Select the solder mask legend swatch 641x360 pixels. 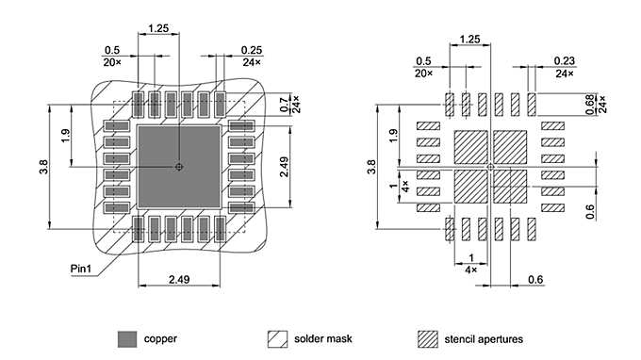click(278, 338)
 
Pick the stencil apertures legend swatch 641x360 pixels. click(428, 338)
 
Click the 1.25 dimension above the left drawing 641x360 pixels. click(158, 29)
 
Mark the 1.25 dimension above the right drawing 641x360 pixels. click(468, 39)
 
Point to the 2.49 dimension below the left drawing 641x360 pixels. click(179, 279)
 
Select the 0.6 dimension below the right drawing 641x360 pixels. click(535, 279)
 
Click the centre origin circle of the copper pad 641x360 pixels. click(179, 167)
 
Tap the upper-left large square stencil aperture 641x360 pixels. click(471, 148)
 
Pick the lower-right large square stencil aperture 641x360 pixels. click(510, 186)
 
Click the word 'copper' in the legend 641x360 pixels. click(160, 338)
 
